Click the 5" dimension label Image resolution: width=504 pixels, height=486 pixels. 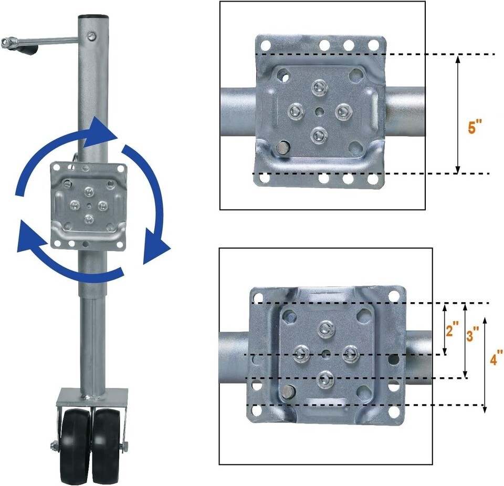click(475, 126)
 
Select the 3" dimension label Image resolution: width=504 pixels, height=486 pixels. click(472, 334)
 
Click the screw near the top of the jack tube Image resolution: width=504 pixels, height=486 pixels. click(92, 36)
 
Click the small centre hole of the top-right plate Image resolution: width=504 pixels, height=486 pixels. click(319, 111)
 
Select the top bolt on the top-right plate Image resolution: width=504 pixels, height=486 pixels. click(319, 86)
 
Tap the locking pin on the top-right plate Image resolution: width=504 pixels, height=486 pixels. click(282, 147)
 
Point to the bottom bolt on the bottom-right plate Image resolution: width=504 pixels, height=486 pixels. click(325, 379)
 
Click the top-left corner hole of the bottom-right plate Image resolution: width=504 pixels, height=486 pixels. click(258, 295)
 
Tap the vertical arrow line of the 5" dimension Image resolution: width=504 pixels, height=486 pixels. click(458, 114)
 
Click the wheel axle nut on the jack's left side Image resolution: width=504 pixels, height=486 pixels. click(53, 446)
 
